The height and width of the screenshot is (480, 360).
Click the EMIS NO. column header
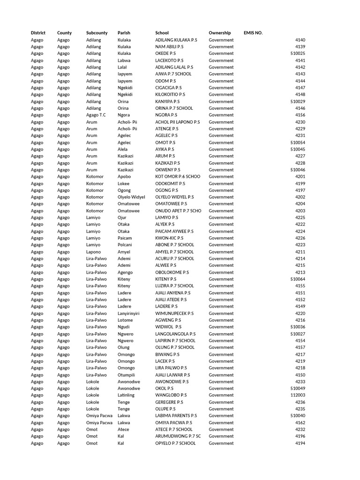[x=253, y=33]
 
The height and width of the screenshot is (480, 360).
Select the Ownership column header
[x=220, y=33]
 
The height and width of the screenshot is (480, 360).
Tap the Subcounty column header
[x=97, y=33]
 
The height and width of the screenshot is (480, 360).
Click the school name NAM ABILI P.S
[x=169, y=47]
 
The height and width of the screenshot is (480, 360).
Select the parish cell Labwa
[x=124, y=60]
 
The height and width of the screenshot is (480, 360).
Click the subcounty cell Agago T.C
[x=96, y=115]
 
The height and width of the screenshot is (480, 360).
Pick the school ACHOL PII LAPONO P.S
[x=178, y=122]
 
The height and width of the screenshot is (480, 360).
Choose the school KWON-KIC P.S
[x=169, y=238]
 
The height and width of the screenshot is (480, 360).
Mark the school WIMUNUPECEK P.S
[x=174, y=313]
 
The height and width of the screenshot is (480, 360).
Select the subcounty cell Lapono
[x=94, y=252]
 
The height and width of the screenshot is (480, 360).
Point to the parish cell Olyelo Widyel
[x=131, y=197]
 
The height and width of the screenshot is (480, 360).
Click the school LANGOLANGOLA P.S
[x=175, y=334]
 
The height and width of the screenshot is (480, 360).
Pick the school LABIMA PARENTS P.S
[x=176, y=416]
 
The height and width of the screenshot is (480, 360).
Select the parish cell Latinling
[x=126, y=395]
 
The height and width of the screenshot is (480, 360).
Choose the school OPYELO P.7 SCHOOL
[x=175, y=443]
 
